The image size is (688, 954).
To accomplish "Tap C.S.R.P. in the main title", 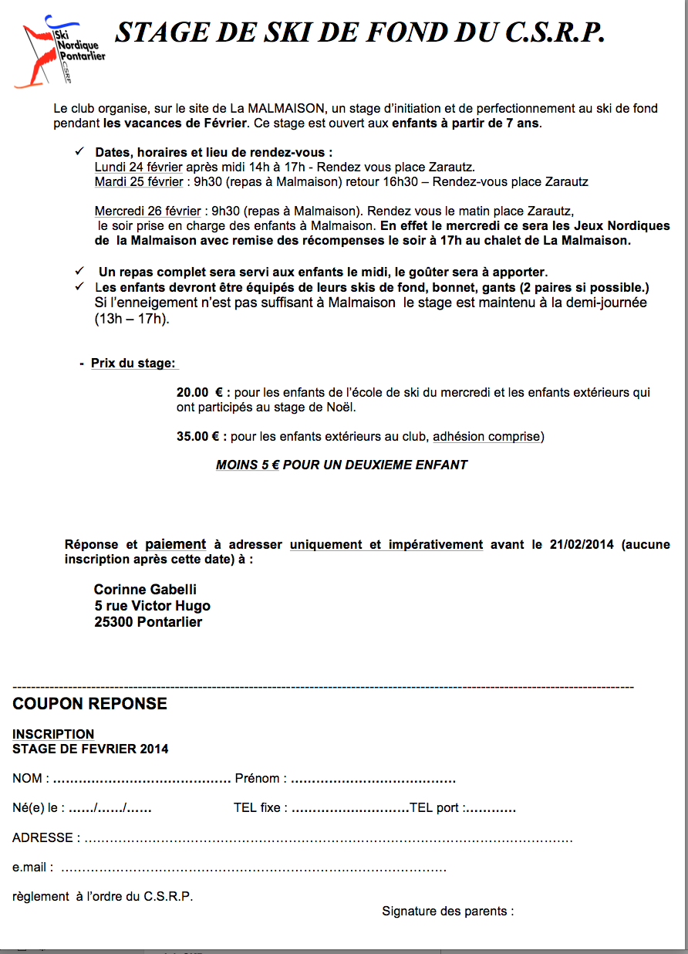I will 555,32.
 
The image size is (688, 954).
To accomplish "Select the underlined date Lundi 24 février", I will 139,167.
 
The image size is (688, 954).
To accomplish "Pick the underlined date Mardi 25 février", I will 139,182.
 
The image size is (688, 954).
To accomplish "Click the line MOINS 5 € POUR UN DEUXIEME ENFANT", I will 342,465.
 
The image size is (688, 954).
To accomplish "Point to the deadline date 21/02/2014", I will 582,545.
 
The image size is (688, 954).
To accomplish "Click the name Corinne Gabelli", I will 145,590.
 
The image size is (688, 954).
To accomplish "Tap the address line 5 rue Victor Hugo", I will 152,607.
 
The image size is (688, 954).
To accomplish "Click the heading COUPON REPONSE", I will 89,704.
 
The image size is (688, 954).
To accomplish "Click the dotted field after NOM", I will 142,780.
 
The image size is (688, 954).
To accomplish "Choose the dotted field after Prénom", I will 373,780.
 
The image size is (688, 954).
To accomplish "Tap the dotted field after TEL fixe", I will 350,810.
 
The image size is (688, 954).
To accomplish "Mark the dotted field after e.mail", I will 254,869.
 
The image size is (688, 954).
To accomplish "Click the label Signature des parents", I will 447,912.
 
